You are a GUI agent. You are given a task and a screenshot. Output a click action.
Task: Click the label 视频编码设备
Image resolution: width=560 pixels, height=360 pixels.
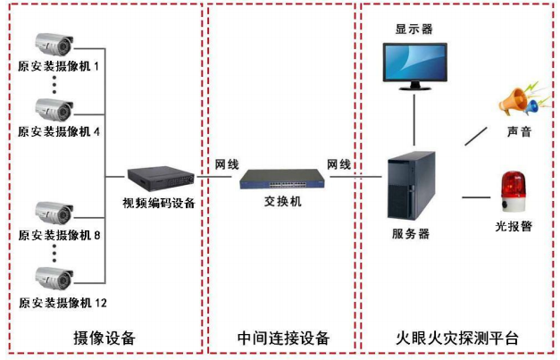[x=159, y=203]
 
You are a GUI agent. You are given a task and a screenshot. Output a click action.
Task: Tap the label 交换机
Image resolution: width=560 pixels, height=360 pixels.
[x=283, y=202]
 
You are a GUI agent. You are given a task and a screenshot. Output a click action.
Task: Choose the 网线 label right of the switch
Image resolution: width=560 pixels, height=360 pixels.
[x=339, y=165]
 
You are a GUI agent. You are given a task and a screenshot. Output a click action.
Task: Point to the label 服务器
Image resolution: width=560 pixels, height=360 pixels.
[x=411, y=234]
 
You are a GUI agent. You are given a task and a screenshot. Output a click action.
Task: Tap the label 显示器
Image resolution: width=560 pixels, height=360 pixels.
[x=414, y=29]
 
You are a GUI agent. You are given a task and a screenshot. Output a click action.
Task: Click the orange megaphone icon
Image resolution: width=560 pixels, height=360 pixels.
[x=518, y=99]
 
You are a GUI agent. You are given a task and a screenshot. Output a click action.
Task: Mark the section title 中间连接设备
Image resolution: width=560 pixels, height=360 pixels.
[x=284, y=339]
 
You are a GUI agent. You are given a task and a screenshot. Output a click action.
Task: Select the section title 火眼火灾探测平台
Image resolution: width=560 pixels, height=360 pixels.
[x=457, y=339]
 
